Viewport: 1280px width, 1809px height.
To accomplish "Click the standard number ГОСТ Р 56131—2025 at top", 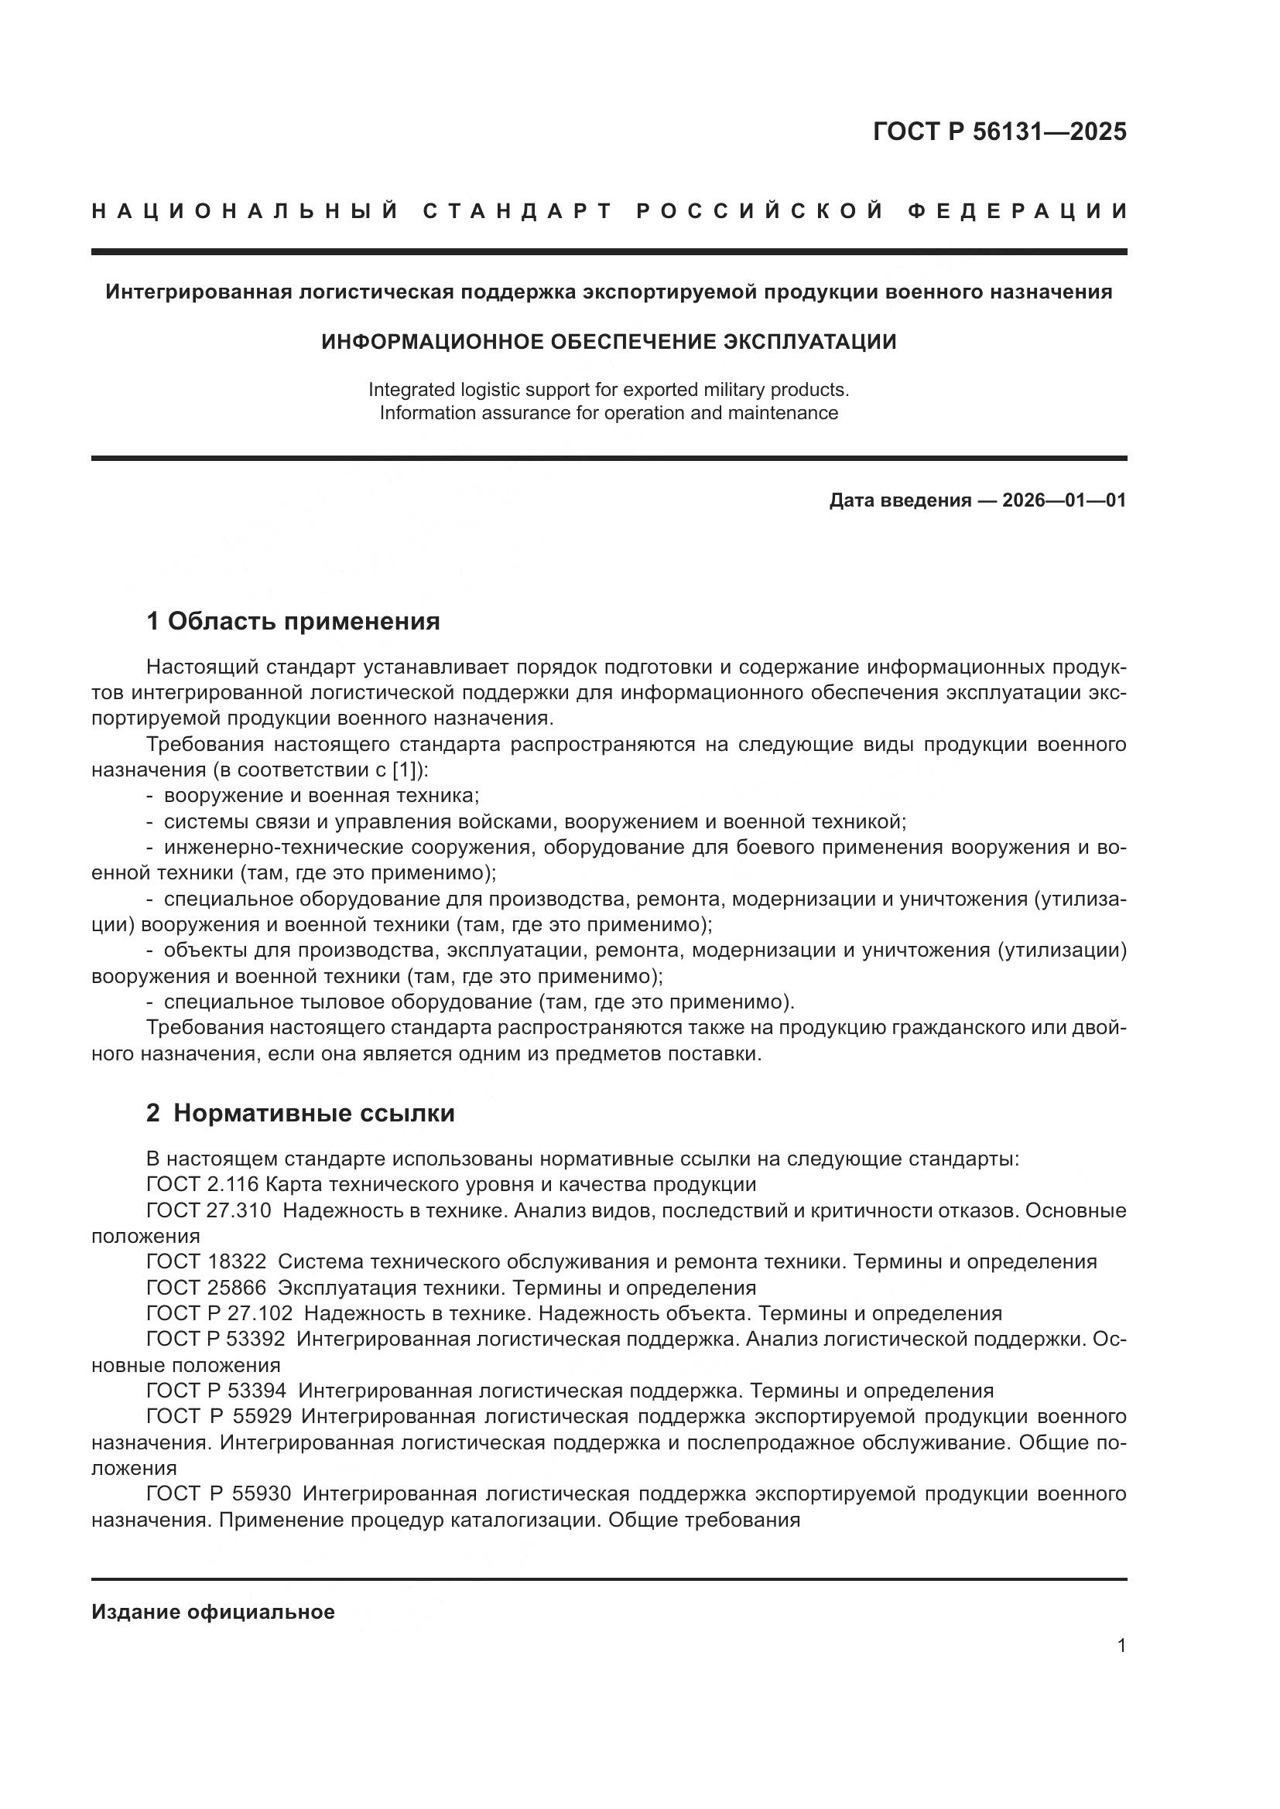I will click(999, 131).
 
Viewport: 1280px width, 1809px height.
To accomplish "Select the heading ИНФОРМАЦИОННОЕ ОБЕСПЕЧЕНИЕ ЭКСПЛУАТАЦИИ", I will click(608, 342).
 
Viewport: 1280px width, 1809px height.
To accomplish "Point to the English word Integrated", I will click(412, 389).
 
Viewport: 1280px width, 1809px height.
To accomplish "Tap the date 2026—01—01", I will click(1063, 500).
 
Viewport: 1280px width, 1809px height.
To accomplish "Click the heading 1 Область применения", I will click(293, 622).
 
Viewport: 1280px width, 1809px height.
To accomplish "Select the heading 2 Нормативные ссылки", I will click(300, 1113).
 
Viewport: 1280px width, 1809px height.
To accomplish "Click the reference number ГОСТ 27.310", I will click(208, 1210).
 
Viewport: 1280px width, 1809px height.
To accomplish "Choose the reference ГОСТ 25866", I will click(207, 1288).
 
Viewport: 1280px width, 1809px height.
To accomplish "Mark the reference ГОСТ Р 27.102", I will click(219, 1313).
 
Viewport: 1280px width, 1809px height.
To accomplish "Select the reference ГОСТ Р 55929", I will click(218, 1416).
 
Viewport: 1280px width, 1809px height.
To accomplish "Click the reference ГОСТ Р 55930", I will click(218, 1494).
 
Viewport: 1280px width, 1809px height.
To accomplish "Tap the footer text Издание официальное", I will click(213, 1612).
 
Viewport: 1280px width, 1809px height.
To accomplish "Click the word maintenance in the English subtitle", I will click(782, 413).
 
